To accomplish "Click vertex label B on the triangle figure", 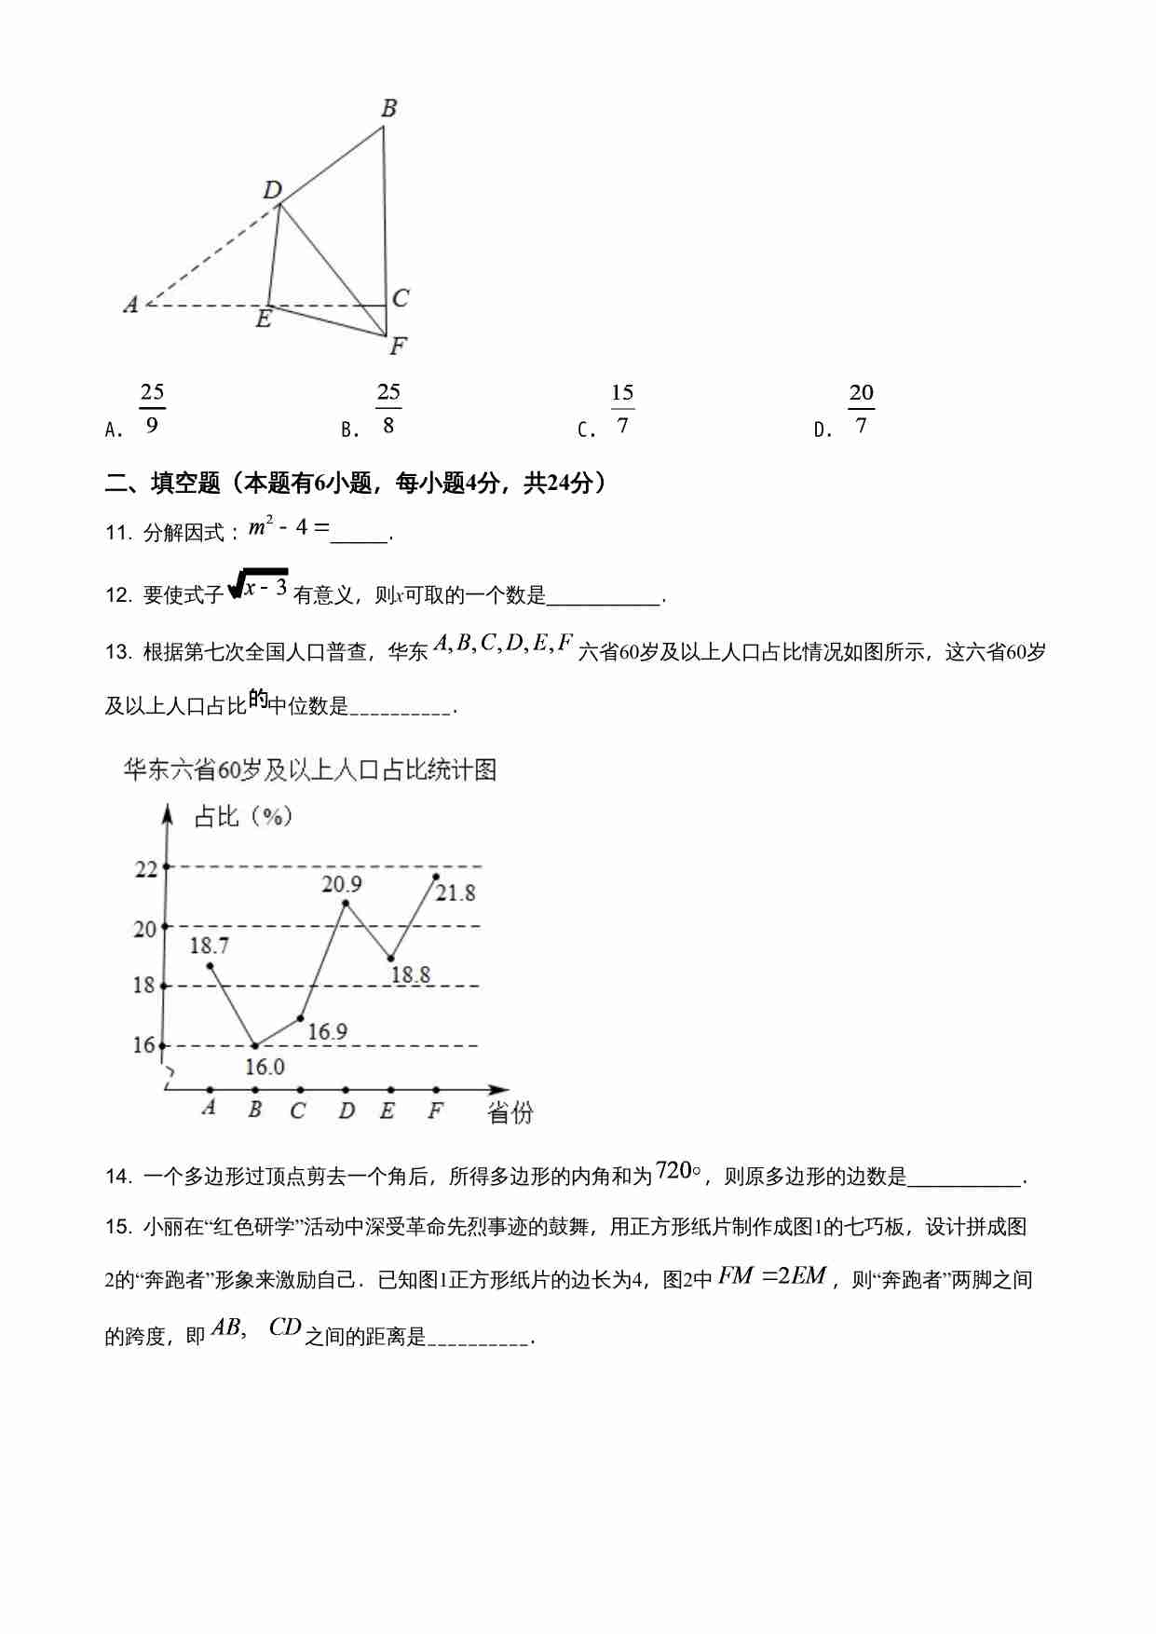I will [x=389, y=108].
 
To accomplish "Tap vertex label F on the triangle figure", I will [x=398, y=347].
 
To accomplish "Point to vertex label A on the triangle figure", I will [x=130, y=304].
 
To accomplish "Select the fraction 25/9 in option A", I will [x=152, y=409].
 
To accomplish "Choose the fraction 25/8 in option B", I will [x=388, y=409].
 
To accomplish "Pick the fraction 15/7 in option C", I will [x=622, y=409].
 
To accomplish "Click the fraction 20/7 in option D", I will [x=861, y=409].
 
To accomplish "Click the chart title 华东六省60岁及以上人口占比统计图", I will [x=310, y=769].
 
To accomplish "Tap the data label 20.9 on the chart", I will [x=341, y=884].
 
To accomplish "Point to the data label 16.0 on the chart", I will [x=265, y=1067].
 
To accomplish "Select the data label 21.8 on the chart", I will [x=456, y=892].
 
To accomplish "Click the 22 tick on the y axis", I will [x=146, y=869].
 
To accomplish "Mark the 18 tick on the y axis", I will [x=143, y=986].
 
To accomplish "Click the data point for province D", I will [x=346, y=902].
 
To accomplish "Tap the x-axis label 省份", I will [x=510, y=1112].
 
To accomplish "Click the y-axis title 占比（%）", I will [x=243, y=817].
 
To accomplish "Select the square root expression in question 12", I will [x=259, y=586].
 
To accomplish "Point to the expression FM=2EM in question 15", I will [x=772, y=1276].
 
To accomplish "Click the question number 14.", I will [x=118, y=1178].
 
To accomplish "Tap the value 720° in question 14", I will [x=678, y=1170].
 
